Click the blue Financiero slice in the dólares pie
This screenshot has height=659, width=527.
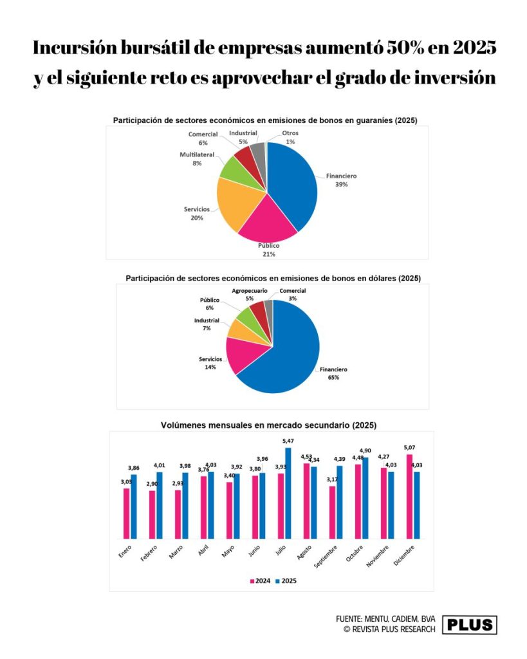286,351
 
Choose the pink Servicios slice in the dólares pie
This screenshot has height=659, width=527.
241,354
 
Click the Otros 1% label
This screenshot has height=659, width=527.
290,137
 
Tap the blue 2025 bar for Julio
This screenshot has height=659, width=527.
288,493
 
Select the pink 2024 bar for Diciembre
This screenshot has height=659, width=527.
409,496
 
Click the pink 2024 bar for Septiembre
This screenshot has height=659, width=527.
332,512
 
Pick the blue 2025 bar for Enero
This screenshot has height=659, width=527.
133,506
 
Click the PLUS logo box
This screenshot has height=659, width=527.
470,624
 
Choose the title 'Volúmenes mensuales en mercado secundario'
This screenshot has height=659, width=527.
268,425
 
